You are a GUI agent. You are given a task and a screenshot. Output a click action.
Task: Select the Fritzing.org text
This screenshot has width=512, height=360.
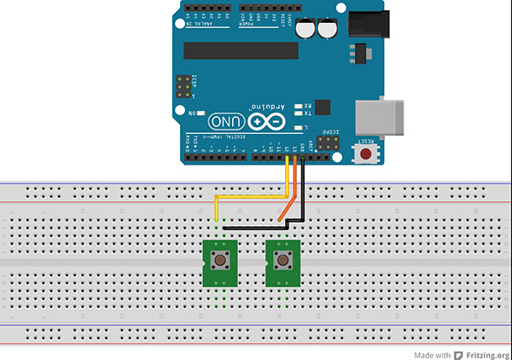pos(487,353)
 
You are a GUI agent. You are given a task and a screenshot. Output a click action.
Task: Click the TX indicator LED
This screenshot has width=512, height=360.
pos(299,113)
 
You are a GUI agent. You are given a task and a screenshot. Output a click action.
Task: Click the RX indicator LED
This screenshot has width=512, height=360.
pos(299,106)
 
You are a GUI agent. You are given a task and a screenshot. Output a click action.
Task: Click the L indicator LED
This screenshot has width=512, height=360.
pos(299,127)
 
